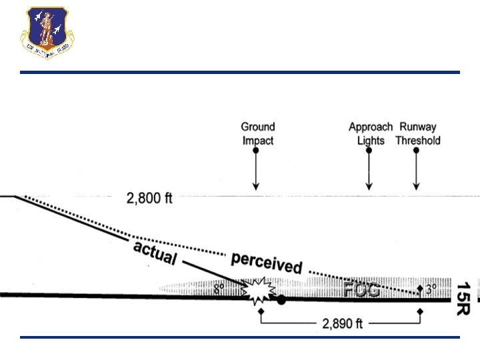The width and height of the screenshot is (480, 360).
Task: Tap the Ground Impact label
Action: [x=257, y=133]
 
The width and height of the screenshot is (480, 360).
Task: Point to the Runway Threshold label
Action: [x=418, y=133]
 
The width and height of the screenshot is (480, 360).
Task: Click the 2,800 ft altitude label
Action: [x=149, y=198]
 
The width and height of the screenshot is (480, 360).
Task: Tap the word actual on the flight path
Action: [x=155, y=252]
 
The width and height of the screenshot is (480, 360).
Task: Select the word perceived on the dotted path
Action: [x=267, y=263]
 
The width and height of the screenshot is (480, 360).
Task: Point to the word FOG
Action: [x=362, y=290]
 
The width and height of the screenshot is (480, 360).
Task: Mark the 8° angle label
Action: [x=219, y=291]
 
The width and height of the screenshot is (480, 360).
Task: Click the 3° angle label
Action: [x=431, y=290]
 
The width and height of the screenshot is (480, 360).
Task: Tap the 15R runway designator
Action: [x=463, y=297]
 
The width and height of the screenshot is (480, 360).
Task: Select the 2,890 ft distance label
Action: [x=342, y=325]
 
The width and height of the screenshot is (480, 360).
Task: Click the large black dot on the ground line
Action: [x=281, y=300]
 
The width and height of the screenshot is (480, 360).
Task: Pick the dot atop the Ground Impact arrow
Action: [x=256, y=151]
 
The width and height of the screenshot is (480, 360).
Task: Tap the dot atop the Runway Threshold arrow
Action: [x=417, y=151]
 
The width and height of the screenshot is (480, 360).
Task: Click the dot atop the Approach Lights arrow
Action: [x=369, y=151]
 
